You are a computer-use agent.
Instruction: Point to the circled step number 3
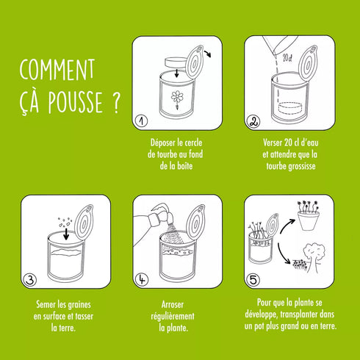[x=30, y=279]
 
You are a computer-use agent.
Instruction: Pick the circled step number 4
[x=142, y=279]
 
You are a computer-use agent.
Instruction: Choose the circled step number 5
[x=253, y=279]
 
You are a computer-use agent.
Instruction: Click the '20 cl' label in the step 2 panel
[x=287, y=56]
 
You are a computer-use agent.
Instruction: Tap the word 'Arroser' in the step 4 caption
[x=176, y=304]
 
